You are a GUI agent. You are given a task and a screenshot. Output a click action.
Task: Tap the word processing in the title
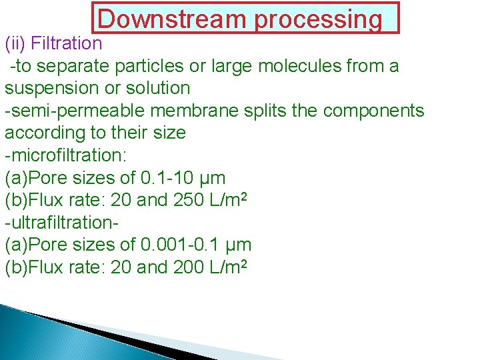coord(317,19)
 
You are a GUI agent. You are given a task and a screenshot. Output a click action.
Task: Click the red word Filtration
coord(65,44)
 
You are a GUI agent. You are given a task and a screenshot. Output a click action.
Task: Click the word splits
coord(264,111)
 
